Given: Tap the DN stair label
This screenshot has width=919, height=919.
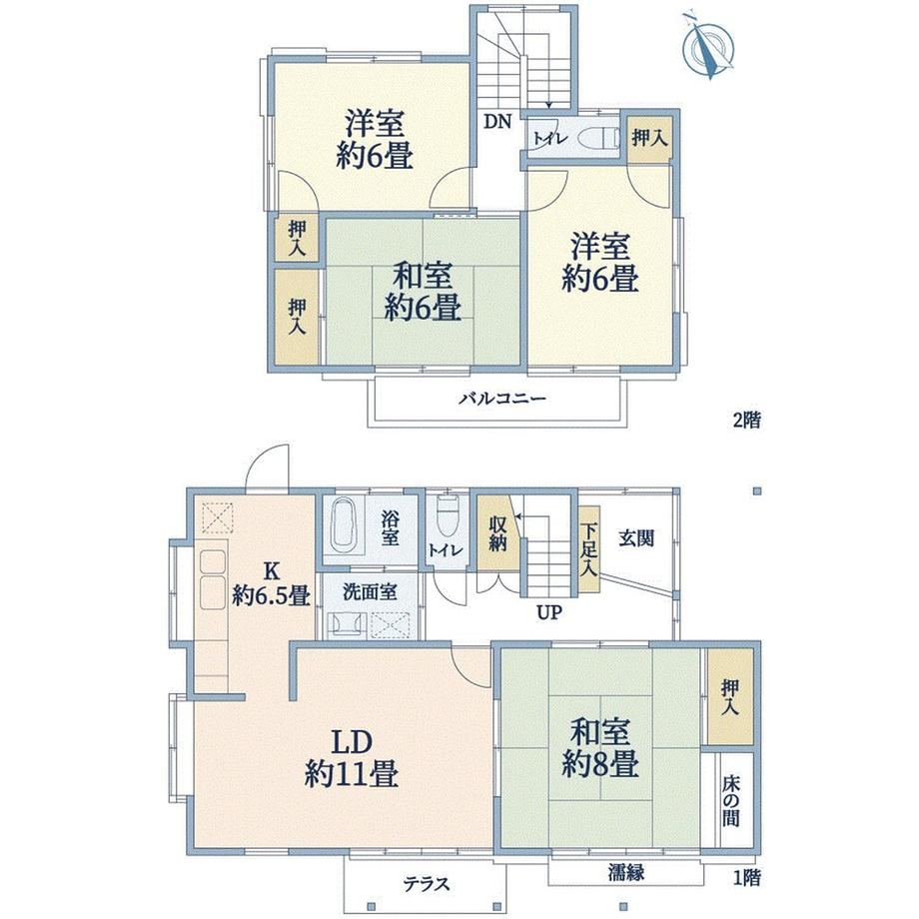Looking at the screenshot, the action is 497,122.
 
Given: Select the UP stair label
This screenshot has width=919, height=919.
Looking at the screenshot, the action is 549,613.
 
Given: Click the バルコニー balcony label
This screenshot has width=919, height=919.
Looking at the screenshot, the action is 502,400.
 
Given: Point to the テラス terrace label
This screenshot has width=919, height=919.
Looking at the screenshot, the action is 427,884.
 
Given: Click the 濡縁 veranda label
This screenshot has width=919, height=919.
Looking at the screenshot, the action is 626,873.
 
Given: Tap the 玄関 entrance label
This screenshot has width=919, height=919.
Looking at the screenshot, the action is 636,538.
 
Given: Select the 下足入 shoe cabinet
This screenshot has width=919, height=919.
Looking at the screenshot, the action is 589,549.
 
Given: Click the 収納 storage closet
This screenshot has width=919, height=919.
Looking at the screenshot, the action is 497,533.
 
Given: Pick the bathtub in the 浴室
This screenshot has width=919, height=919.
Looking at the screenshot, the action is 344,525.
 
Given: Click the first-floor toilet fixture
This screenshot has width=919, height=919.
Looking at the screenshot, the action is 448,517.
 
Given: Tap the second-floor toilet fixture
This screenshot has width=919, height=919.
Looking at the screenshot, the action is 599,139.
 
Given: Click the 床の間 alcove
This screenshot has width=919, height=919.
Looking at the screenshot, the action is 730,800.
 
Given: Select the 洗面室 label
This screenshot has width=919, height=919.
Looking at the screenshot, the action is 370,591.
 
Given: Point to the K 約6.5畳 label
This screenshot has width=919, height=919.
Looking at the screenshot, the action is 271,583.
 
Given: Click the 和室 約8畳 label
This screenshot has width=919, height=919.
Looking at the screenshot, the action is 600,748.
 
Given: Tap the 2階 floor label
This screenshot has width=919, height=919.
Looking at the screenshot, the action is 747,420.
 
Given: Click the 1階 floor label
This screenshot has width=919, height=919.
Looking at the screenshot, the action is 747,877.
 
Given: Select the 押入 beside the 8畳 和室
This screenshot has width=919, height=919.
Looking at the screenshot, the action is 729,697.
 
